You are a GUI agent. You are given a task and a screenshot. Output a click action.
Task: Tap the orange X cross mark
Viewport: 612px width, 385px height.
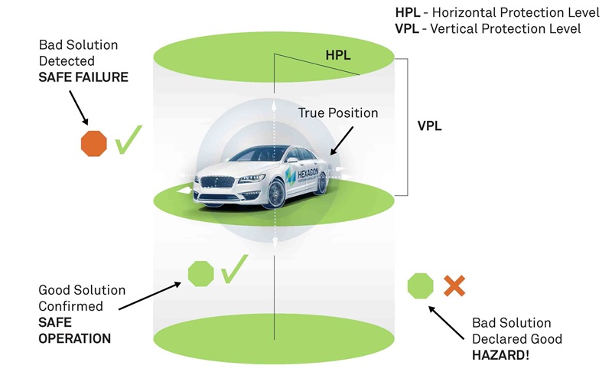(454, 286)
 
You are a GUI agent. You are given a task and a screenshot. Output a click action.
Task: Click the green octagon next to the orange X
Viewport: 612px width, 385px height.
(421, 286)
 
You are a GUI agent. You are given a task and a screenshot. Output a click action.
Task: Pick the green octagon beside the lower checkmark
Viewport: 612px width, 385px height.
(200, 273)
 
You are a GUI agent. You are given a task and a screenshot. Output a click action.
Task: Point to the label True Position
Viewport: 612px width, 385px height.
(338, 113)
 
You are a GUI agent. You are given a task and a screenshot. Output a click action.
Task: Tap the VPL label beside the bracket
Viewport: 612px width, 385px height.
(431, 124)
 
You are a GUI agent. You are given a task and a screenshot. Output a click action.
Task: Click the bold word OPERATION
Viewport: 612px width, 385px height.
(74, 338)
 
